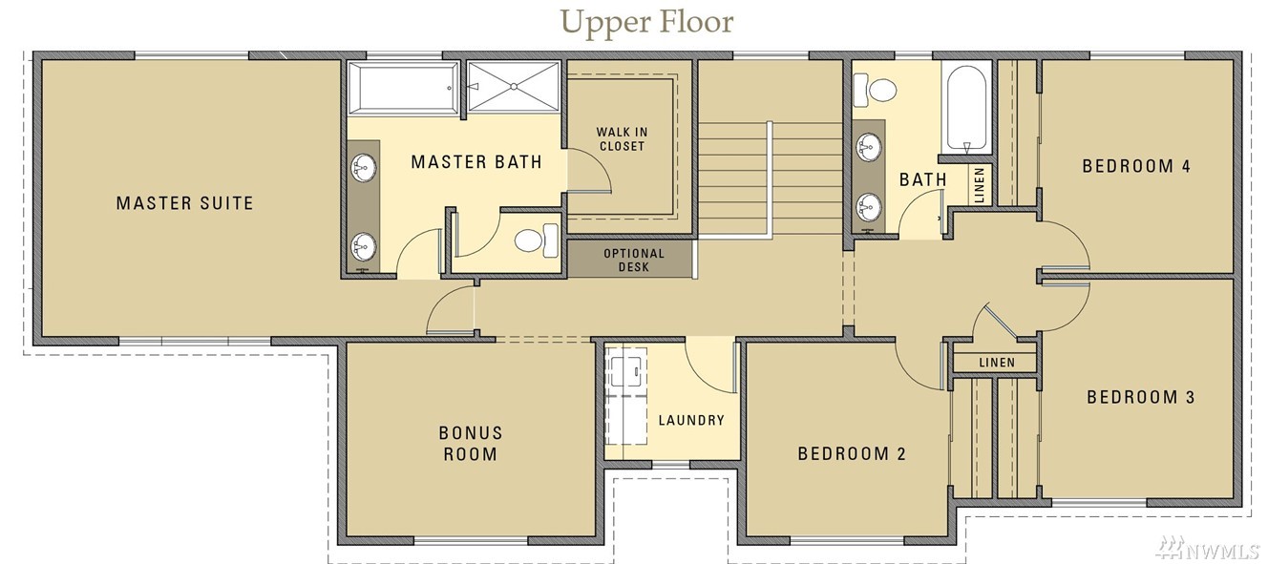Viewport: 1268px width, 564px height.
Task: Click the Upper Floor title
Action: point(647,22)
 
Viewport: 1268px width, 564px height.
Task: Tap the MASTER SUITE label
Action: point(184,203)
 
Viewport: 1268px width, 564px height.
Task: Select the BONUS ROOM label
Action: point(471,444)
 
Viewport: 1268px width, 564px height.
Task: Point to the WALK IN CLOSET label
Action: point(622,139)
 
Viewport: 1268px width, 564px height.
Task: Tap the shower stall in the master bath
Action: point(514,87)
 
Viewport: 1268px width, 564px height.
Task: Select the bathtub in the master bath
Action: point(403,88)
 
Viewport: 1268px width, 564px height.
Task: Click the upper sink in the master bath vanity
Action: point(364,168)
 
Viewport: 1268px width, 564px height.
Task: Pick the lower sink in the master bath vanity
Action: point(364,246)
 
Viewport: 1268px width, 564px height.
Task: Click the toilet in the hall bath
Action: point(876,90)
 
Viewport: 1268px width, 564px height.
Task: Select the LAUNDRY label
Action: point(691,420)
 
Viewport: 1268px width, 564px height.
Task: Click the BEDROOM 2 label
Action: point(852,453)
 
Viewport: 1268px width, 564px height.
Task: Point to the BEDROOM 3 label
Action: point(1140,397)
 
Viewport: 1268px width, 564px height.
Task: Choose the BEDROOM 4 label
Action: point(1136,166)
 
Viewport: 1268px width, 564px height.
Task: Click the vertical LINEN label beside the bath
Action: point(980,185)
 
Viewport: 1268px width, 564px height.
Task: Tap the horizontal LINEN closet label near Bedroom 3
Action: point(997,362)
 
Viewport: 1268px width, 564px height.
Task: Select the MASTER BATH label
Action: point(476,162)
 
